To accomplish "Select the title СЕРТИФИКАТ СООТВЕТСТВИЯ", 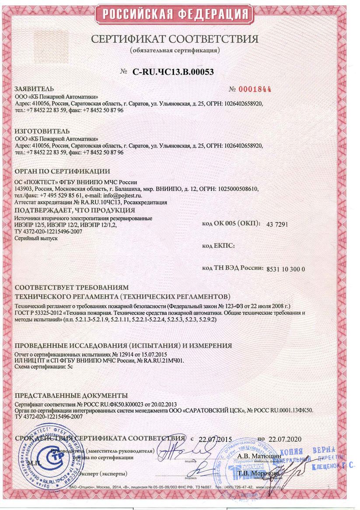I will click(175, 39).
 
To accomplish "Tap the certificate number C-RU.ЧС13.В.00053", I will click(173, 72).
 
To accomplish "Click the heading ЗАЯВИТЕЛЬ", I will click(35, 88).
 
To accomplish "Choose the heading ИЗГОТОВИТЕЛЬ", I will click(42, 131).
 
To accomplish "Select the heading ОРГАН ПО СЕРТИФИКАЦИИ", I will click(63, 171).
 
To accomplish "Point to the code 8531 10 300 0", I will click(285, 269).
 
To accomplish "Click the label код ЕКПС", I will click(218, 246).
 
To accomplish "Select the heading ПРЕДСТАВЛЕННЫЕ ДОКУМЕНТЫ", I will click(71, 395).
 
